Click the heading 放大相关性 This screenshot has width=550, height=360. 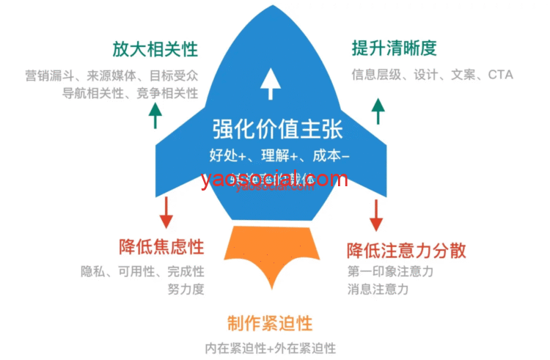click(x=155, y=49)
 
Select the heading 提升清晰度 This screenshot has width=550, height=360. click(x=394, y=49)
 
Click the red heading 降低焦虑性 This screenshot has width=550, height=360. click(x=161, y=247)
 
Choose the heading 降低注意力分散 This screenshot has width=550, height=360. click(x=406, y=249)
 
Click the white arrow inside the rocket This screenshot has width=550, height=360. click(x=271, y=83)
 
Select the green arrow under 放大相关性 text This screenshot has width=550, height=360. click(x=155, y=115)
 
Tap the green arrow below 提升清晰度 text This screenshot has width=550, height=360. click(x=378, y=111)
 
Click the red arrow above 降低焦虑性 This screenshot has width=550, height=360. click(x=166, y=212)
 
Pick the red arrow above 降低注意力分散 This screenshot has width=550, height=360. click(x=377, y=213)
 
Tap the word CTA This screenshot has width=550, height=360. click(x=500, y=74)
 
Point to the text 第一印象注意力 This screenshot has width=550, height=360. click(x=391, y=271)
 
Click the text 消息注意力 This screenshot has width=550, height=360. click(x=378, y=289)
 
